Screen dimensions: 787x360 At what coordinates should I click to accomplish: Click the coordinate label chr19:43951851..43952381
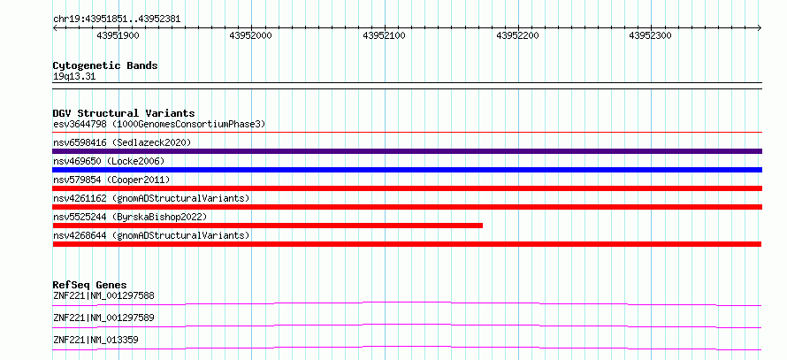[x=117, y=19]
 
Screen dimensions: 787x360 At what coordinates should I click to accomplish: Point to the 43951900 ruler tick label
[x=118, y=35]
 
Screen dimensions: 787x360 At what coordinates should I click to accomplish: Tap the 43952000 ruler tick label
[x=250, y=35]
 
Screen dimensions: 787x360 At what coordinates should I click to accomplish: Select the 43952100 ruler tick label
[x=384, y=35]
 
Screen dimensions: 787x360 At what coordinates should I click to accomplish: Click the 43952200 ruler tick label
[x=517, y=35]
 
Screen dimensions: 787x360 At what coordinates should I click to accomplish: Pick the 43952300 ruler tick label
[x=651, y=35]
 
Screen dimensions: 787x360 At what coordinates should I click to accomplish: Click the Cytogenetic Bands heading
[x=105, y=65]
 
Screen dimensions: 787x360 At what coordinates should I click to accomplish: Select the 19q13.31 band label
[x=73, y=77]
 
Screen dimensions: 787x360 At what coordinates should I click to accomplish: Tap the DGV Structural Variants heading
[x=124, y=113]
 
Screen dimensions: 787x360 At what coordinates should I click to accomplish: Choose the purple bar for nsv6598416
[x=407, y=151]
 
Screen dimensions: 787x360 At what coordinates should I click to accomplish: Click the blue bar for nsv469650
[x=407, y=170]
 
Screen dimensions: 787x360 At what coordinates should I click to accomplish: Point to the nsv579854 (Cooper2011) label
[x=111, y=180]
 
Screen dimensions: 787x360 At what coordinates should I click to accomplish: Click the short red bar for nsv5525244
[x=268, y=226]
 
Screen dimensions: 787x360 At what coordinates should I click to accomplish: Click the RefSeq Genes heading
[x=90, y=285]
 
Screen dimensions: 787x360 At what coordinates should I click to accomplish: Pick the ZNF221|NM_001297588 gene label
[x=103, y=295]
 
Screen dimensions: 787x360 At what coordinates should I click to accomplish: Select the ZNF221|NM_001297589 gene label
[x=103, y=318]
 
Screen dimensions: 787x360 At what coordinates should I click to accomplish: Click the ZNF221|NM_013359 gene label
[x=96, y=341]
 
